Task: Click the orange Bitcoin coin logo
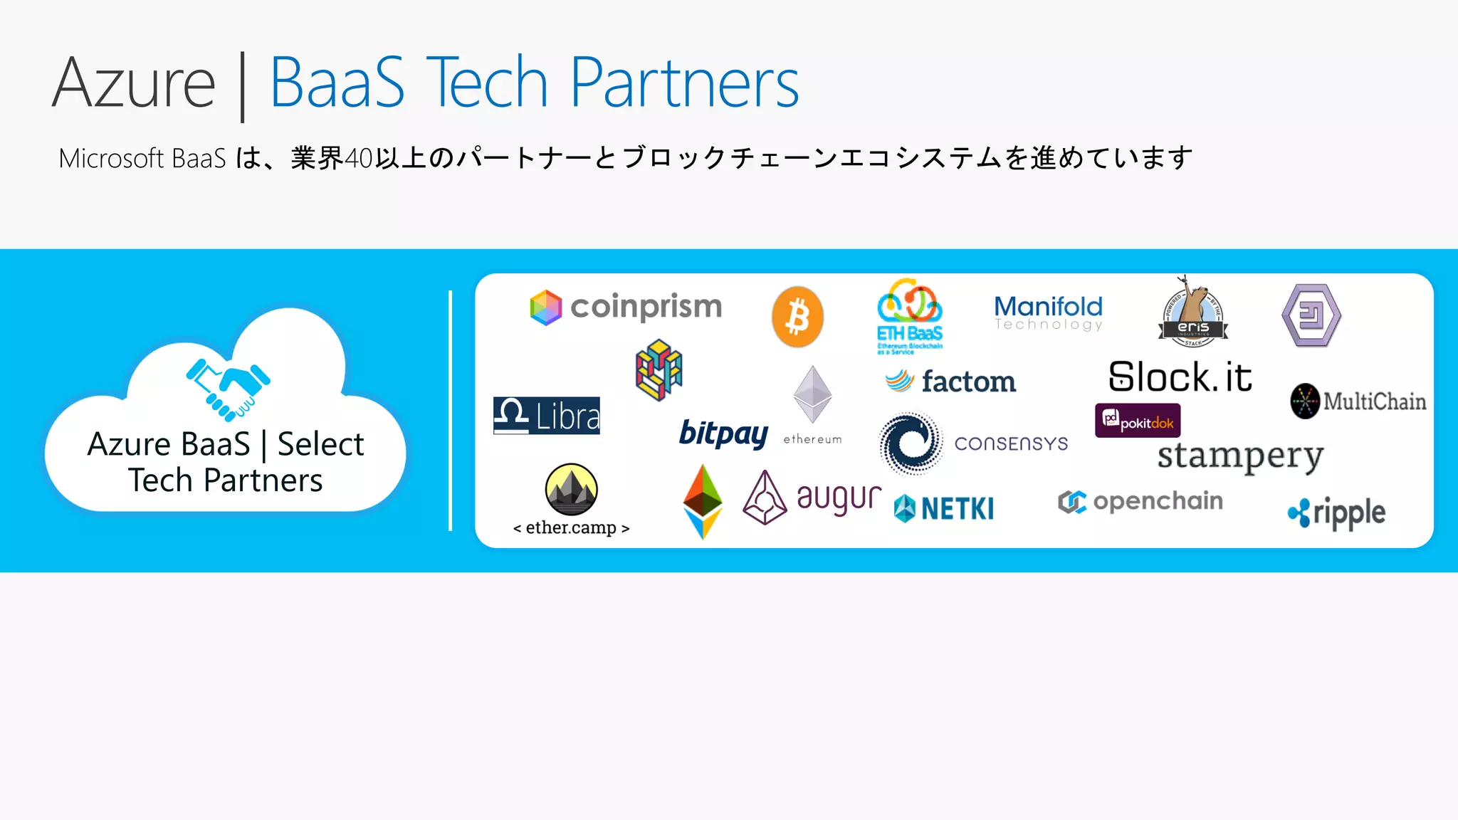[797, 317]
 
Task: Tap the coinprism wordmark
[646, 307]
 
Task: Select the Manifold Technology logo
[1048, 312]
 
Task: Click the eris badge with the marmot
[1193, 313]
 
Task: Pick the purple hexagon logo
[1311, 315]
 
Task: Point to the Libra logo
[547, 416]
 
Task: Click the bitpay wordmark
[723, 433]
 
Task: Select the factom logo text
[968, 382]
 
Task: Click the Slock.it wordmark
[1180, 377]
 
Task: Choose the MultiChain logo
[1358, 401]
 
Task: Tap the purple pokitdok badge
[1138, 421]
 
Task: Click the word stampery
[1240, 456]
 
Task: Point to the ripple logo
[1336, 512]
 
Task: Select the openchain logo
[1140, 502]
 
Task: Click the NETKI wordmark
[957, 508]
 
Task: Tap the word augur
[839, 498]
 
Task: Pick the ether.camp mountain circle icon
[571, 490]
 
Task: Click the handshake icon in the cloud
[229, 389]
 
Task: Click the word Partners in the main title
[684, 83]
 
